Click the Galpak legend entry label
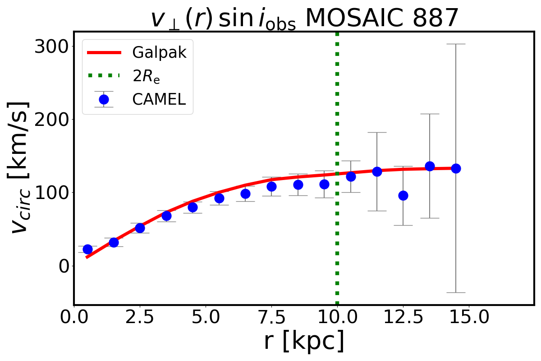pyautogui.click(x=159, y=53)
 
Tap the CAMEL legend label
pyautogui.click(x=159, y=100)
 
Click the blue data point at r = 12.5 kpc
pyautogui.click(x=403, y=195)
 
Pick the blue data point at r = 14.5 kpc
pyautogui.click(x=456, y=168)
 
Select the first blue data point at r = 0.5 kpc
pyautogui.click(x=87, y=249)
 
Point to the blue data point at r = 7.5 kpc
pyautogui.click(x=271, y=186)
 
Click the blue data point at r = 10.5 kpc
pyautogui.click(x=351, y=176)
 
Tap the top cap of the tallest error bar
pyautogui.click(x=456, y=44)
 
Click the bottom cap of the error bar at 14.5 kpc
pyautogui.click(x=456, y=292)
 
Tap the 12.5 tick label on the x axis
pyautogui.click(x=403, y=318)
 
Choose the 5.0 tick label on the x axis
pyautogui.click(x=206, y=318)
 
